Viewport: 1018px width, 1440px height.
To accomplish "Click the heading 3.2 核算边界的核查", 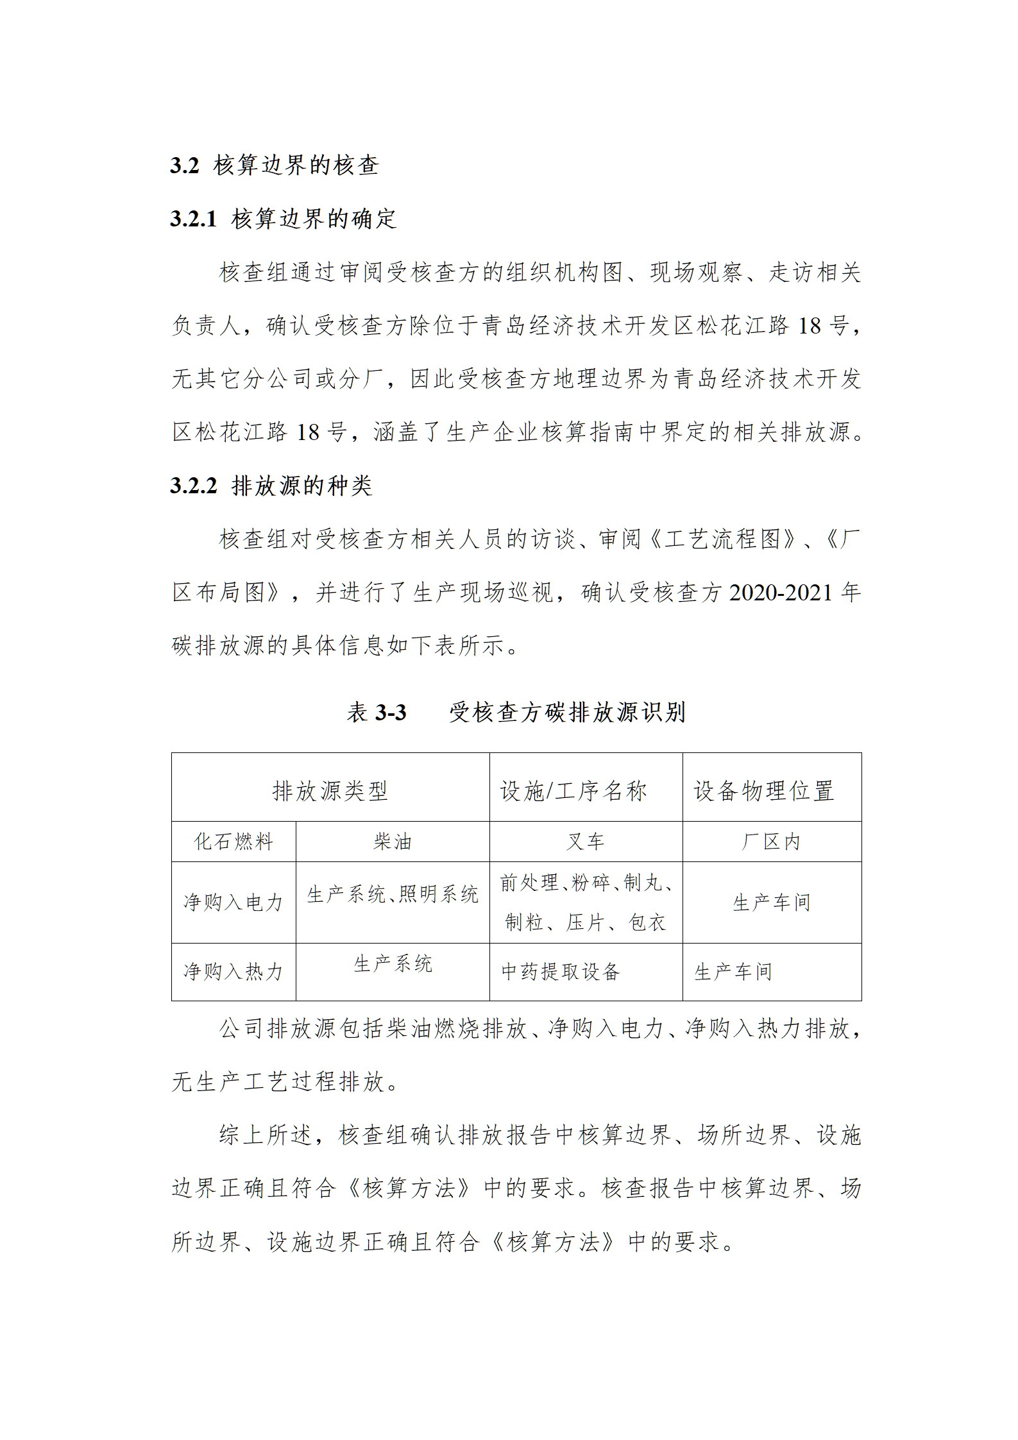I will pos(275,165).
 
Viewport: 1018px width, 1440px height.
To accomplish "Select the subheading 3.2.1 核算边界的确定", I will pos(284,219).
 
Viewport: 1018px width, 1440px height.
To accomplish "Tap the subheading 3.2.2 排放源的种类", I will pos(271,486).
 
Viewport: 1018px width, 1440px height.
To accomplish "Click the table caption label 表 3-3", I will pos(377,712).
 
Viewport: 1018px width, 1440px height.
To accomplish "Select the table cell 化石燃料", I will pos(233,842).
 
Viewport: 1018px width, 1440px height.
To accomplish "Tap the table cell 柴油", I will pos(392,842).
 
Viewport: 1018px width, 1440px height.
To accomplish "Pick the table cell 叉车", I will pos(585,842).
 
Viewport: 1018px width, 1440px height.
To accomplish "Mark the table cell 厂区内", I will pos(771,842).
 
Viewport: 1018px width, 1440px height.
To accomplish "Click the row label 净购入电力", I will pos(233,902).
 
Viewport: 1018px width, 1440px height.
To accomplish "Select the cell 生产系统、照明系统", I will pos(392,894).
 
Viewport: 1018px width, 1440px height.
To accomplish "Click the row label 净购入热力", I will pos(233,972).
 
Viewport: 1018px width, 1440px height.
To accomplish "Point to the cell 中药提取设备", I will pos(561,972).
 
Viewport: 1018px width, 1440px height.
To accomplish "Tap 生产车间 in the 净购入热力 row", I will pos(733,972).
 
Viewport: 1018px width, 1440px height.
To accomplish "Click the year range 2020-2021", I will pos(781,592).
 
